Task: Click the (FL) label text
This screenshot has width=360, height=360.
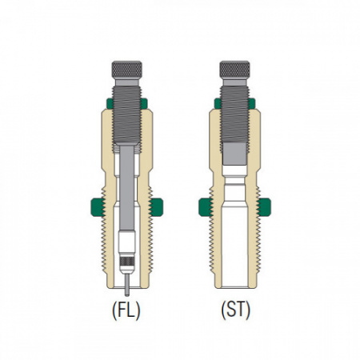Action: (126, 310)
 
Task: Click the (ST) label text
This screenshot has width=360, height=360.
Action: (236, 310)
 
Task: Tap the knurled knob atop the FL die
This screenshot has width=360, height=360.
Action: (127, 70)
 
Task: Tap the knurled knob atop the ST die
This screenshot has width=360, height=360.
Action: (234, 70)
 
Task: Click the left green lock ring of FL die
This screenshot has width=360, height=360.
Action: (98, 207)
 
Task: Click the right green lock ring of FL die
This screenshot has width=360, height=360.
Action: (156, 207)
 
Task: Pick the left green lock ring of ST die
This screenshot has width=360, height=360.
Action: (206, 207)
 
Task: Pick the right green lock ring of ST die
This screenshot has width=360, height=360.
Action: (264, 207)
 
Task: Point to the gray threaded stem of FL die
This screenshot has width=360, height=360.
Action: (127, 115)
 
